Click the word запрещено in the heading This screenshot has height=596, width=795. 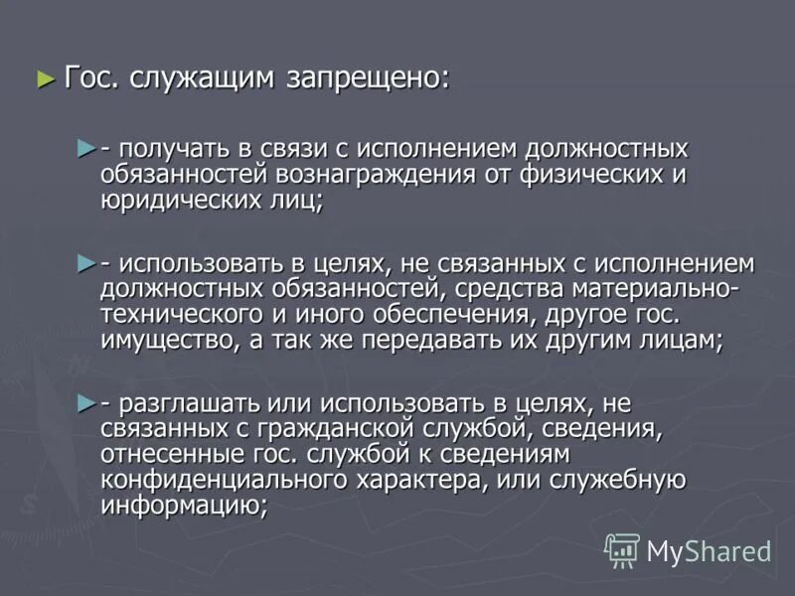368,79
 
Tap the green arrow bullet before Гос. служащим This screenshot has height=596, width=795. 45,78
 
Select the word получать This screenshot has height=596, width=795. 174,148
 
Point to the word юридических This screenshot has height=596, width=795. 183,199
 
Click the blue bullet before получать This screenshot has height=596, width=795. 85,147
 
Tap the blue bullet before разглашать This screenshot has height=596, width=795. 85,402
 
